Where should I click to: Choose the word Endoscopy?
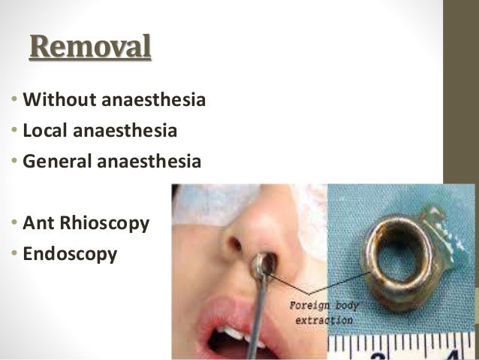click(x=70, y=254)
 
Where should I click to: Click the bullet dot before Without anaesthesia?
click(x=16, y=100)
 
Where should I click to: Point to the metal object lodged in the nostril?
click(x=264, y=263)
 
